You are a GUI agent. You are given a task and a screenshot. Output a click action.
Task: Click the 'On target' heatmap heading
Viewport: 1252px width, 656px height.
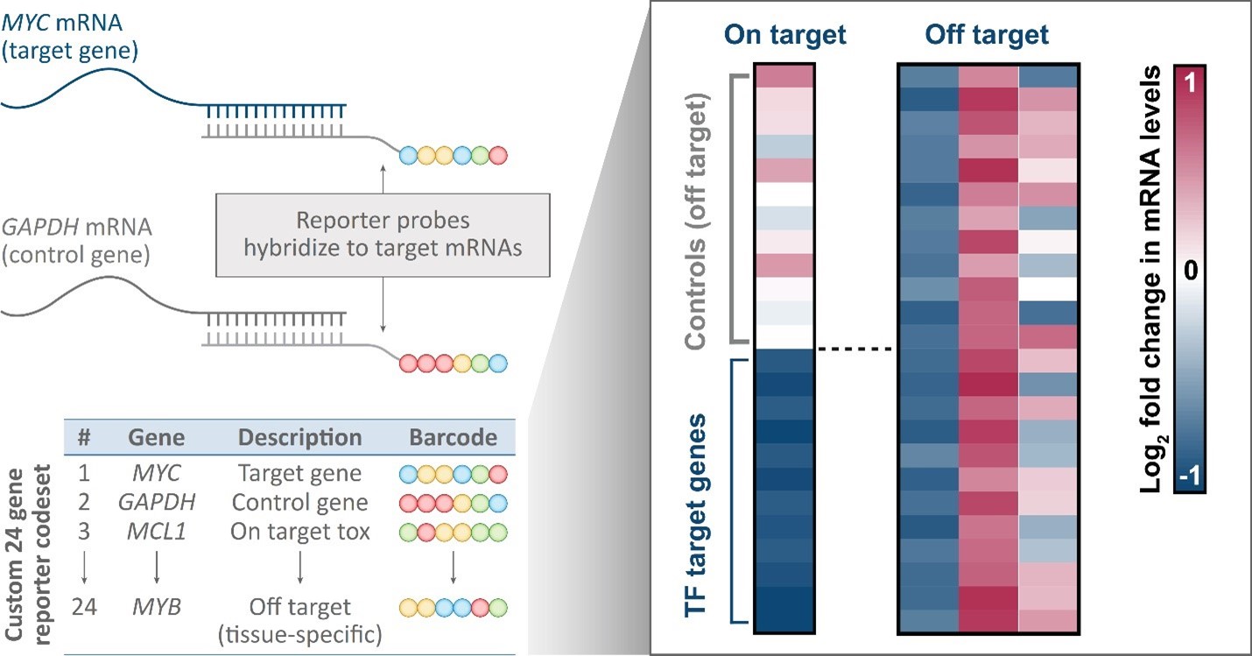[785, 36]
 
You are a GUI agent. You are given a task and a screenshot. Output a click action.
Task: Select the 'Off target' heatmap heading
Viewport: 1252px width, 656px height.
[987, 36]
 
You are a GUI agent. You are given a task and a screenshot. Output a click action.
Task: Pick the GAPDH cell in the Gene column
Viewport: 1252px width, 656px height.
[156, 504]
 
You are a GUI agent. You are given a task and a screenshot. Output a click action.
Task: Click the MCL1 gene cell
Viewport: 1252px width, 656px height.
[155, 533]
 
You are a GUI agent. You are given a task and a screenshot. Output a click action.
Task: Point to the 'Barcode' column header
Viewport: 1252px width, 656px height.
[453, 437]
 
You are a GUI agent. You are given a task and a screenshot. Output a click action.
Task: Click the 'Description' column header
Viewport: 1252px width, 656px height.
[299, 437]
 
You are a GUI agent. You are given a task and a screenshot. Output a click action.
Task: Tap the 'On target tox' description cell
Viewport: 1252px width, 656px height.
[299, 533]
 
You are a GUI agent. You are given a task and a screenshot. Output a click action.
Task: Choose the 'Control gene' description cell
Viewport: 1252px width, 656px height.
[299, 504]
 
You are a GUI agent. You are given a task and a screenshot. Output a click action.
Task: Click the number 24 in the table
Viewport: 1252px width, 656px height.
[83, 606]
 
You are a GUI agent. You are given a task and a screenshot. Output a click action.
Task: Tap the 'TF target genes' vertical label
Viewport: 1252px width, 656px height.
[697, 490]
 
